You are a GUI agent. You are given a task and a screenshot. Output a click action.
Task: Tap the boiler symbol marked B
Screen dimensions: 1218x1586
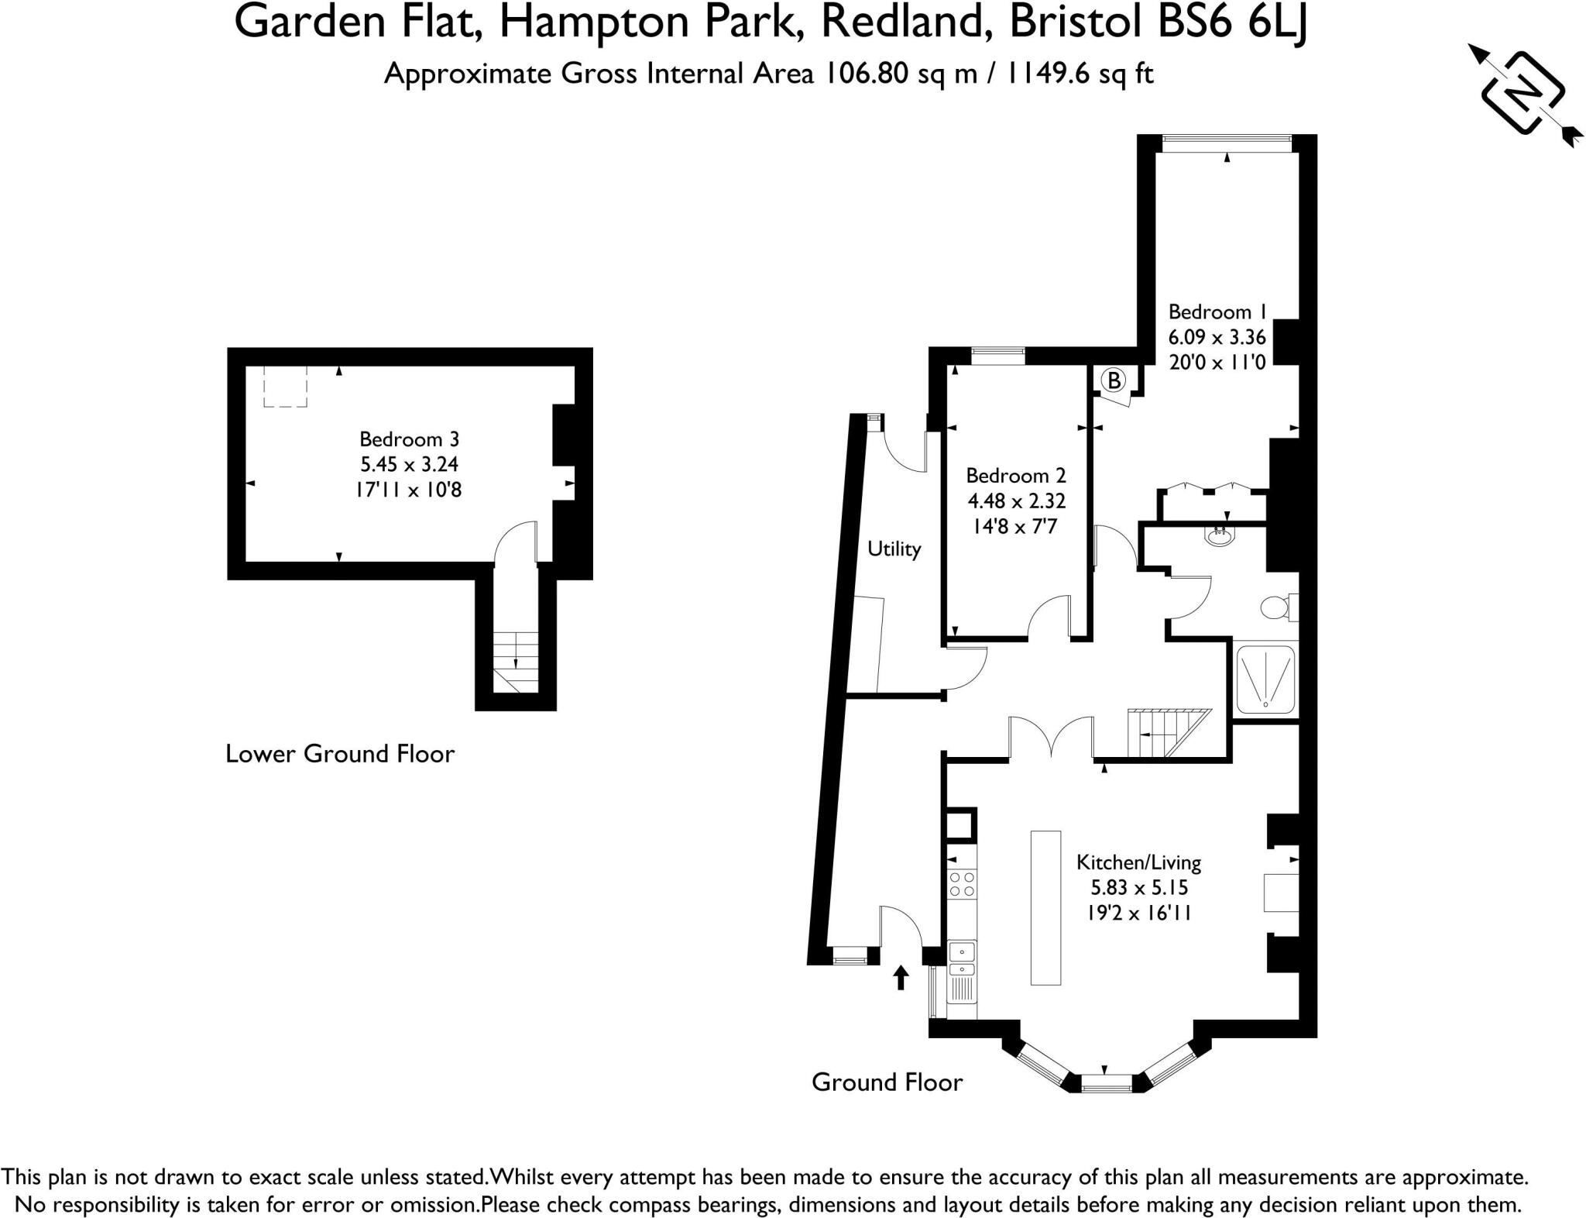pyautogui.click(x=1114, y=380)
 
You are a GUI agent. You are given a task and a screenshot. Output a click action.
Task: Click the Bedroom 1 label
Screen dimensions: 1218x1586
pyautogui.click(x=1217, y=312)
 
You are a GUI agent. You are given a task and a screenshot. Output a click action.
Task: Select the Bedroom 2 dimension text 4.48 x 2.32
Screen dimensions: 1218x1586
pyautogui.click(x=1016, y=501)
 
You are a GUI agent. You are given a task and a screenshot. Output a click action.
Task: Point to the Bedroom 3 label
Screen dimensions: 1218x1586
pyautogui.click(x=409, y=439)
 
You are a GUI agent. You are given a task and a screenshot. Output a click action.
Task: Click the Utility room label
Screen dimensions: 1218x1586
pyautogui.click(x=894, y=549)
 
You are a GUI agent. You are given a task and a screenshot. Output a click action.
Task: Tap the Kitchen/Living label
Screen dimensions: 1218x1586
pyautogui.click(x=1138, y=862)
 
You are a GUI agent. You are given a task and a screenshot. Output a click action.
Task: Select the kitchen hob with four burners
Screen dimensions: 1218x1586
pyautogui.click(x=963, y=884)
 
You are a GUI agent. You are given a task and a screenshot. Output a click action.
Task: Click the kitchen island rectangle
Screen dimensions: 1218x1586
pyautogui.click(x=1045, y=907)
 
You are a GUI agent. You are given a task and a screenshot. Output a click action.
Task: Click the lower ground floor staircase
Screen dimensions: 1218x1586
pyautogui.click(x=516, y=661)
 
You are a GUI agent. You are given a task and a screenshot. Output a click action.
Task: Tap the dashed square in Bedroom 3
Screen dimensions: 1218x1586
pyautogui.click(x=285, y=386)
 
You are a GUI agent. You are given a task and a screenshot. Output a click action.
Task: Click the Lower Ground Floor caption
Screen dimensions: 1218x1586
pyautogui.click(x=339, y=754)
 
